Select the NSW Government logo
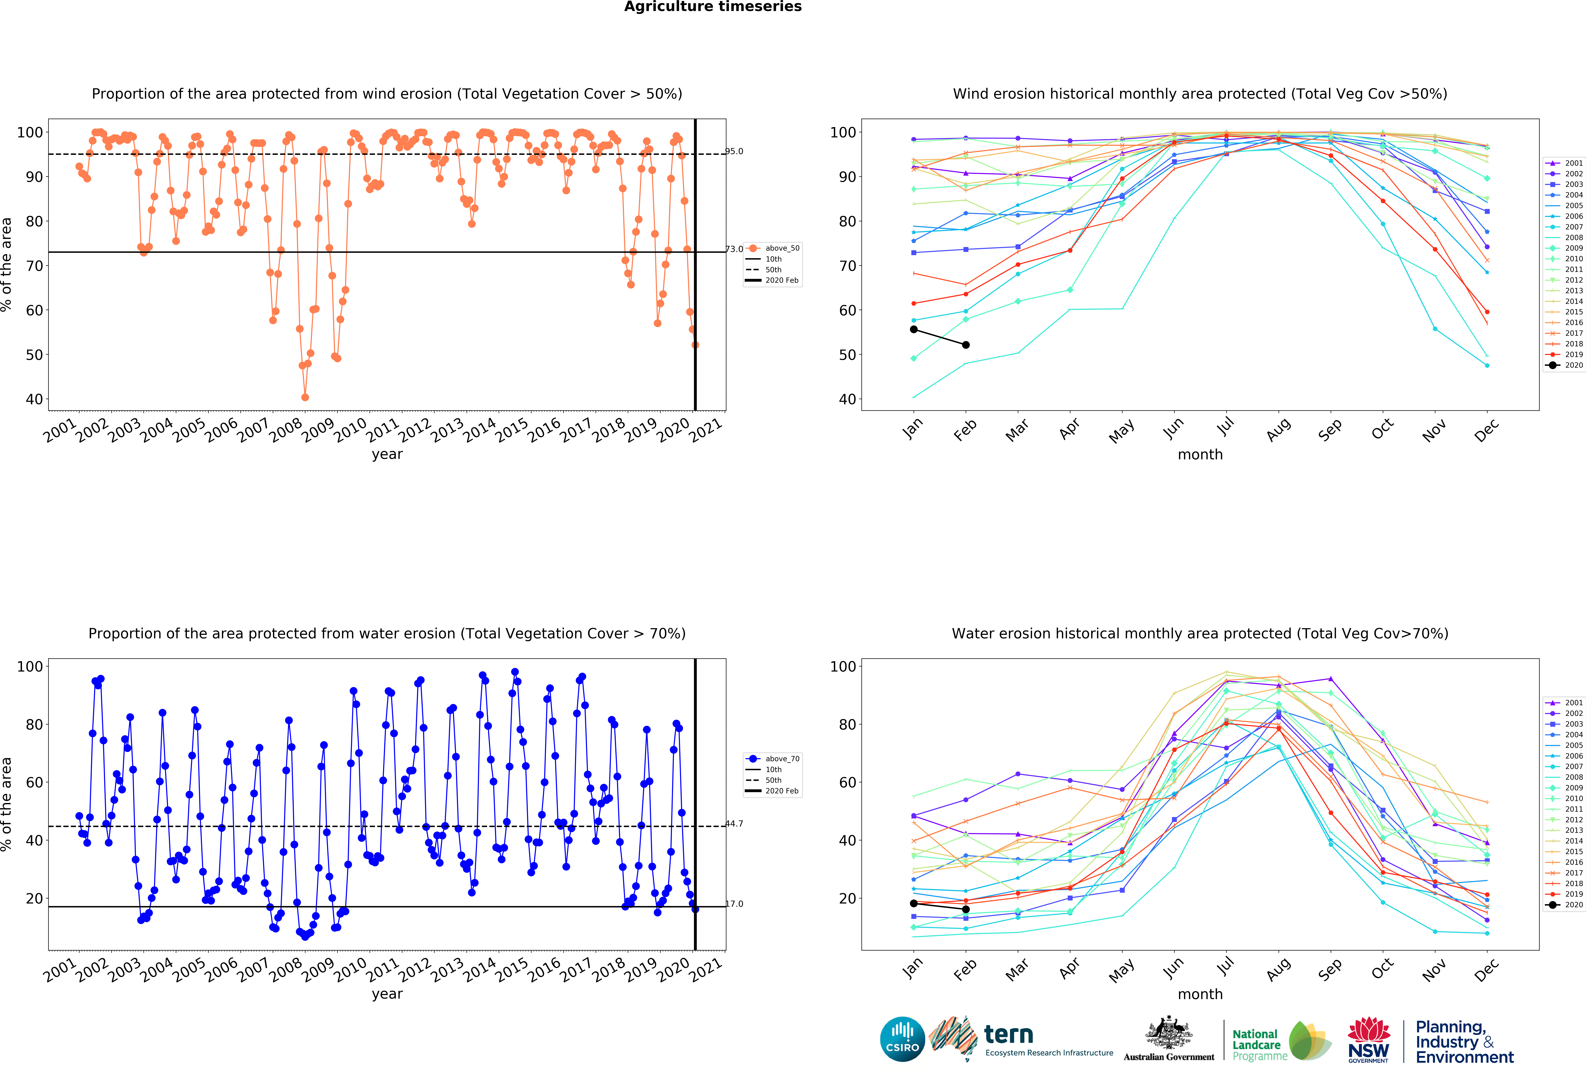[x=1368, y=1040]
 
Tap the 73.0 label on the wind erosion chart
[x=734, y=249]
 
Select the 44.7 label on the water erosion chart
[x=734, y=824]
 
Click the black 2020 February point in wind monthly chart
[x=966, y=345]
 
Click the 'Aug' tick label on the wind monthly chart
[x=1279, y=429]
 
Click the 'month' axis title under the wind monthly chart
[x=1200, y=454]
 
